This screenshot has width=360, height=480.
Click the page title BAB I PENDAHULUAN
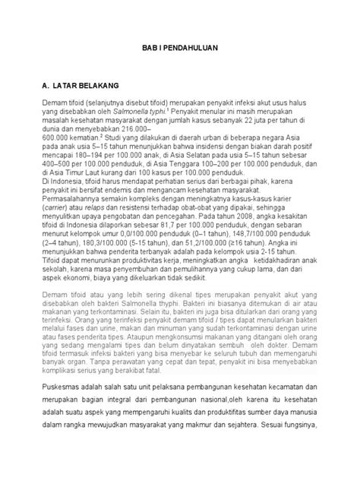179,46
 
